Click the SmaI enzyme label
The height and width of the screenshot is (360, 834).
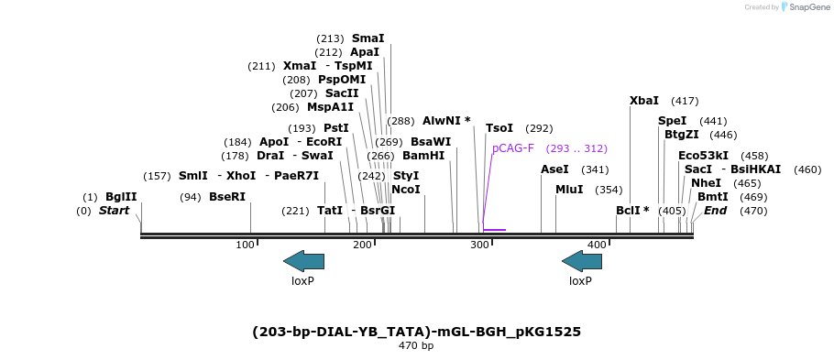pos(368,38)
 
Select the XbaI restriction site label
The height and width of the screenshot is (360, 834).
pos(643,101)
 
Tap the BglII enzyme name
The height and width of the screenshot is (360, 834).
pos(121,197)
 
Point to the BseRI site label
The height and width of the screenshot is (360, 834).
pos(227,197)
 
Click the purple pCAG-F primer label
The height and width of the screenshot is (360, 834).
pos(512,148)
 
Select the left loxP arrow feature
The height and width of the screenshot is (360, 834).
pos(303,261)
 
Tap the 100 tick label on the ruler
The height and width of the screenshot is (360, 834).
pos(245,245)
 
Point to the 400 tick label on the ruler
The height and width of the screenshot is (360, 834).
pos(597,245)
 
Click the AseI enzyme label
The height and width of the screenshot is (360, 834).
pos(554,169)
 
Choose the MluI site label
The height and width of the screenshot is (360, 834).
pos(570,190)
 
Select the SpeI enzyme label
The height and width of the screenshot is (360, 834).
pos(672,121)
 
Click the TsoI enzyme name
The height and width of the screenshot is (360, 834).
pos(499,128)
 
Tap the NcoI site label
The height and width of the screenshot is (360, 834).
pos(405,190)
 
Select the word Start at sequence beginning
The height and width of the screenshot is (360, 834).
pos(114,211)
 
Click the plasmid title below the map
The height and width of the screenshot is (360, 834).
pos(416,331)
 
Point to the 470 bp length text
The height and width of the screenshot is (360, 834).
pos(416,346)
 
